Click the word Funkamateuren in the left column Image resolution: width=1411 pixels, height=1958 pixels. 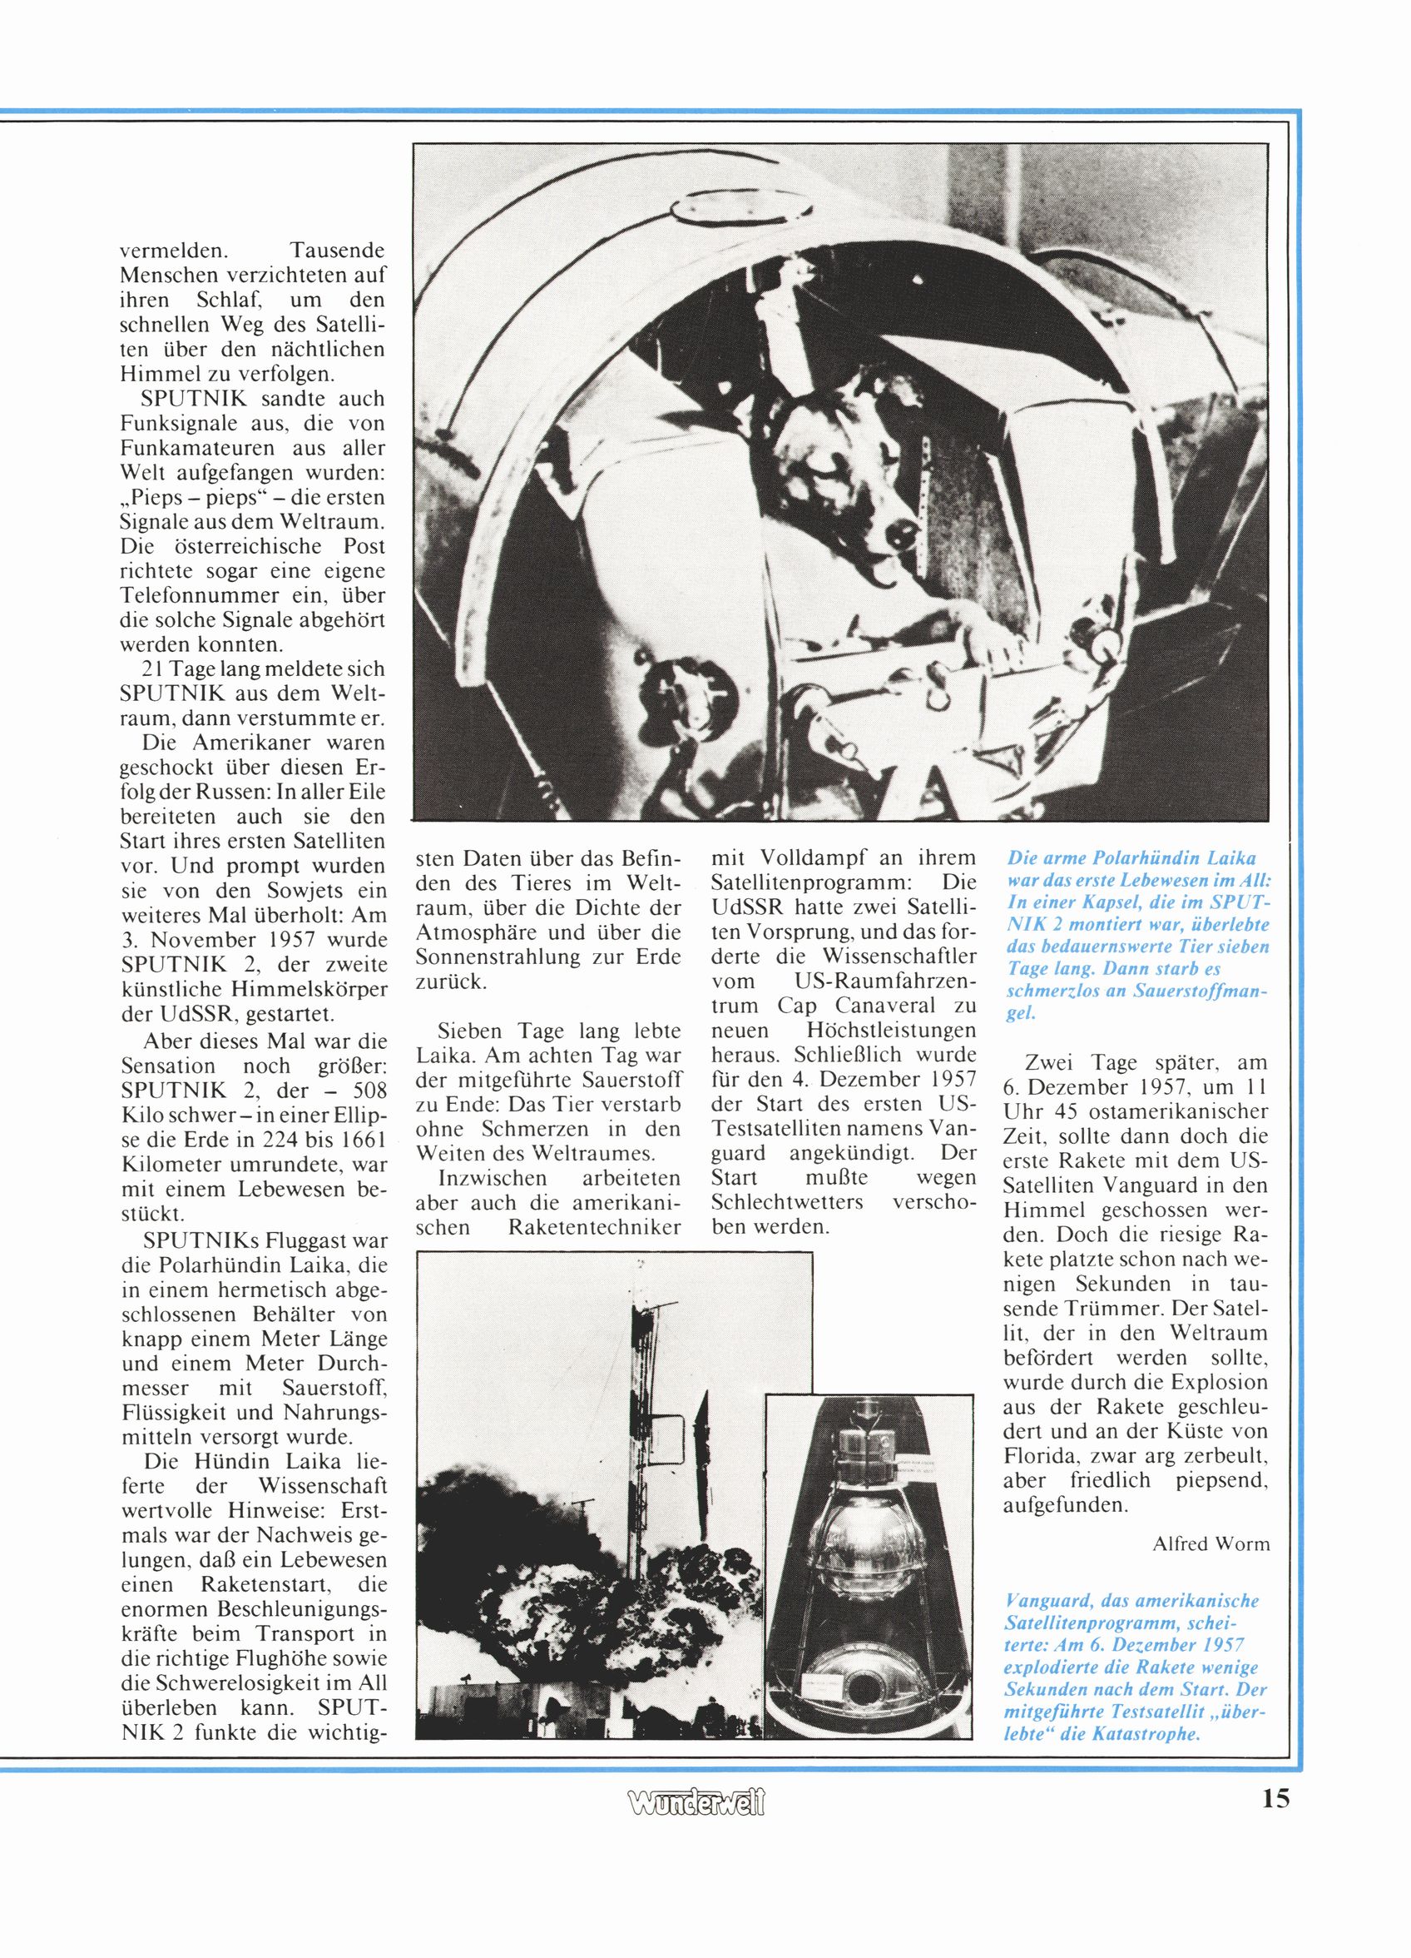[204, 449]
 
